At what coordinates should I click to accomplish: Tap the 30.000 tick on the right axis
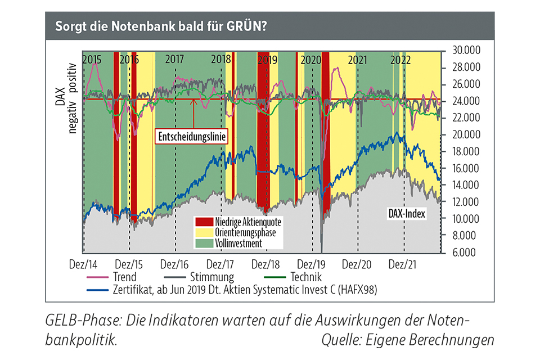tap(464, 51)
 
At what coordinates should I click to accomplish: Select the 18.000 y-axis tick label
tap(464, 152)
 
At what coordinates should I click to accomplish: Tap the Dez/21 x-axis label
tap(403, 264)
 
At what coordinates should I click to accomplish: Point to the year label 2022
tap(400, 59)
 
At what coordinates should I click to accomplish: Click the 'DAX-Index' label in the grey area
tap(407, 214)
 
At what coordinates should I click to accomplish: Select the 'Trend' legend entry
tap(124, 277)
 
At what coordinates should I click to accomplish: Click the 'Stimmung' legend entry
tap(213, 277)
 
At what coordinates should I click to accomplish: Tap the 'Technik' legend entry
tap(306, 277)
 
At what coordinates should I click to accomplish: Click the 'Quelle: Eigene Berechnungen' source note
tap(408, 340)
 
